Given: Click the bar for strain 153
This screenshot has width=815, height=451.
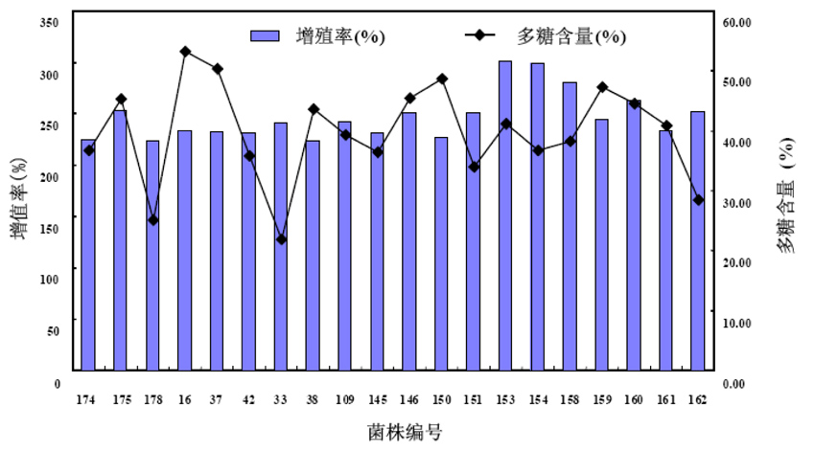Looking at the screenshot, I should tap(504, 215).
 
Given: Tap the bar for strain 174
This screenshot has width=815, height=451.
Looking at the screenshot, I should tap(88, 255).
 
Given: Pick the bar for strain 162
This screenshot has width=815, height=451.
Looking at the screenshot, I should tap(698, 240).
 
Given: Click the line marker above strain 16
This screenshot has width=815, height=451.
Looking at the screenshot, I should tap(185, 52).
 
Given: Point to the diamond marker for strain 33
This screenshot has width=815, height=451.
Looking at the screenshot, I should tap(281, 239).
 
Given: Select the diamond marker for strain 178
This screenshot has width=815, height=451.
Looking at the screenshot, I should tap(152, 220).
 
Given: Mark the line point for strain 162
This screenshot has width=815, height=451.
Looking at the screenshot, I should tap(698, 200).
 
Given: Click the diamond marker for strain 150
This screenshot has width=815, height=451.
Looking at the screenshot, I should tap(441, 79).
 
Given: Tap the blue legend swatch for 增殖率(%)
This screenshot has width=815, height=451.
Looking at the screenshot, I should tap(264, 35).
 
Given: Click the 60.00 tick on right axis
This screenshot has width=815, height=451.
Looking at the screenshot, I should tap(738, 22).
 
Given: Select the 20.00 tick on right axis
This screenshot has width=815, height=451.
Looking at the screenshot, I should tap(738, 262).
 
